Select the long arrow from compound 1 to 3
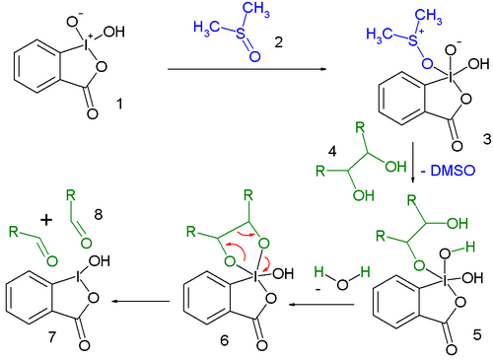[246, 70]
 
